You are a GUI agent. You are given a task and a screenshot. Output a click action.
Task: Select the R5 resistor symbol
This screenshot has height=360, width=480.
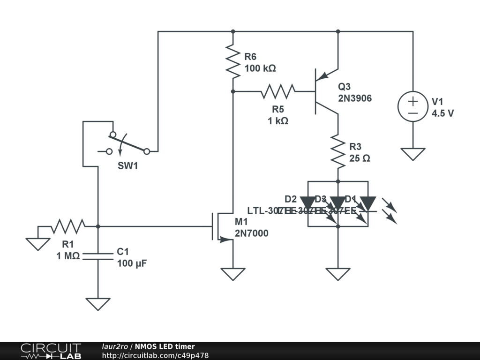click(x=278, y=91)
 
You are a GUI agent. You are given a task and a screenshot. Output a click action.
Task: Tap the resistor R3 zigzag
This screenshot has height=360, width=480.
click(x=337, y=151)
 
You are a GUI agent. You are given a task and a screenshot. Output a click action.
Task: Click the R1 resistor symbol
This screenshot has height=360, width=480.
click(x=68, y=226)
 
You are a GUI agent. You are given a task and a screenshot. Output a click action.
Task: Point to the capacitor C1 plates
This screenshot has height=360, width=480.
click(x=98, y=255)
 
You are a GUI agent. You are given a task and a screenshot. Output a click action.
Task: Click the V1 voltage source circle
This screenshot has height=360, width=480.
click(x=413, y=106)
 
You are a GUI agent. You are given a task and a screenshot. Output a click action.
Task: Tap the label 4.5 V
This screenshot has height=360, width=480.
click(x=442, y=113)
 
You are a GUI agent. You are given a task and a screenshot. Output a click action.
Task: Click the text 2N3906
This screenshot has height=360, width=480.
click(x=355, y=98)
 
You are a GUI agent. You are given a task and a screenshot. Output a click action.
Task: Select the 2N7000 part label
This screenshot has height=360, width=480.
click(x=252, y=233)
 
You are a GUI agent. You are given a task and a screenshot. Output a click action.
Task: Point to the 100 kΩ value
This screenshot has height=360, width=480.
click(x=260, y=68)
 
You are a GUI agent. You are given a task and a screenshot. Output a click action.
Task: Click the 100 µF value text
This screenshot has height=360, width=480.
click(x=132, y=263)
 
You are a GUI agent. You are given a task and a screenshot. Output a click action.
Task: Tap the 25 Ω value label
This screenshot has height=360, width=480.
click(x=360, y=158)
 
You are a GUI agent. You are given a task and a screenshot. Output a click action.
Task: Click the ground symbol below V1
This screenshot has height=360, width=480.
click(x=413, y=154)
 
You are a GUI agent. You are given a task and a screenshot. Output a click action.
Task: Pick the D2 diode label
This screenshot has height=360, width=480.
click(x=291, y=199)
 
